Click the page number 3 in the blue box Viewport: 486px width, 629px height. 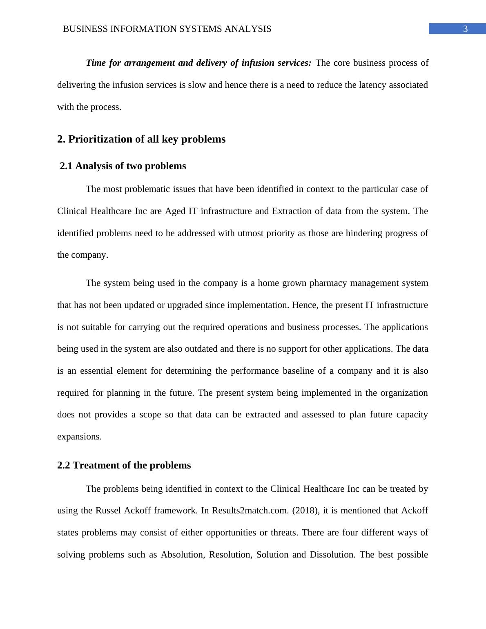(x=465, y=29)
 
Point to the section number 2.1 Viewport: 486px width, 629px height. (x=67, y=166)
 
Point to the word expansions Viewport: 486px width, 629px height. (x=79, y=437)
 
